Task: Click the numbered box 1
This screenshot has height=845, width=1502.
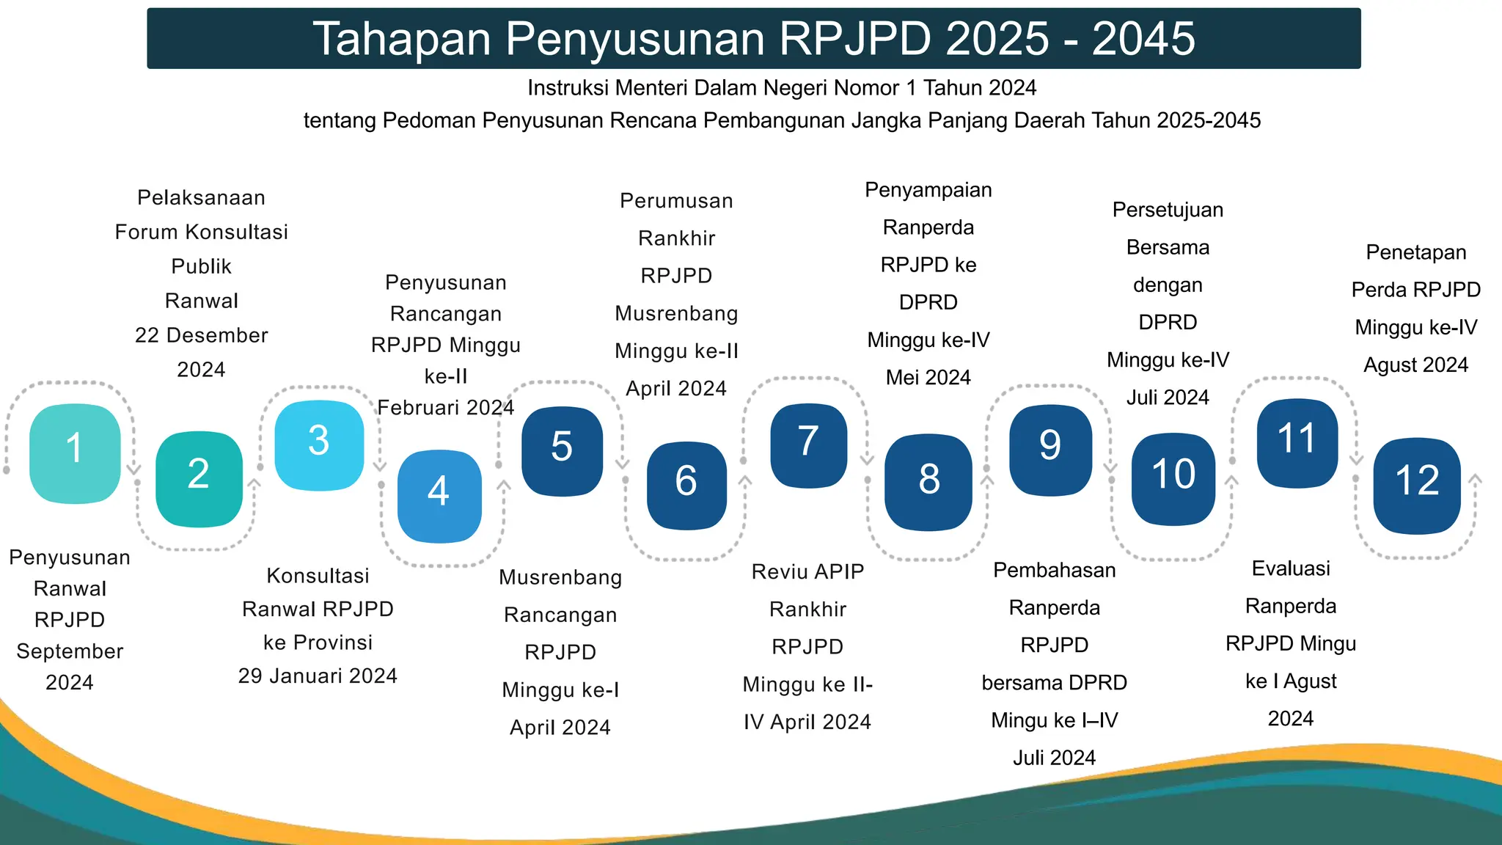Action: tap(75, 453)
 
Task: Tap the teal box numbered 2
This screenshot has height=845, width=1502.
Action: tap(199, 478)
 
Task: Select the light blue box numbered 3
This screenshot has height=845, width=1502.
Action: tap(319, 445)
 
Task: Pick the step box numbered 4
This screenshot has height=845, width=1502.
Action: tap(439, 496)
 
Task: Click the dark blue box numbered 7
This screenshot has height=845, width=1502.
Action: tap(808, 445)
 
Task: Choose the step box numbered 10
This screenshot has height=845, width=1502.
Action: tap(1173, 478)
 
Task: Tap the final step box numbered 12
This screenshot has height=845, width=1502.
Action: tap(1417, 485)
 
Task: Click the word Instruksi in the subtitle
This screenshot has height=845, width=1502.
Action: tap(568, 88)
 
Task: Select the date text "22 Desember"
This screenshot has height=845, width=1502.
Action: tap(201, 335)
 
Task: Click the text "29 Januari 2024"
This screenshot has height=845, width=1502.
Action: tap(318, 676)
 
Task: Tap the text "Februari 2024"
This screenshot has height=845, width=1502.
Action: tap(446, 407)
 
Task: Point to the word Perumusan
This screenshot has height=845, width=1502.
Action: tap(676, 201)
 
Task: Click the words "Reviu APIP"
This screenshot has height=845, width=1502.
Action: tap(807, 571)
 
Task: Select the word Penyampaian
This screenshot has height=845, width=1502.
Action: tap(928, 190)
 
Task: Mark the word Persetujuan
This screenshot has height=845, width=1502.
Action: tap(1168, 210)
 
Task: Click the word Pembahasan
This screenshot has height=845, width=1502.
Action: tap(1054, 570)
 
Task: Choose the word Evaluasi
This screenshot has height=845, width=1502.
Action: tap(1291, 568)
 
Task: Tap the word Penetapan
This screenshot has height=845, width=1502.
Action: tap(1415, 252)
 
